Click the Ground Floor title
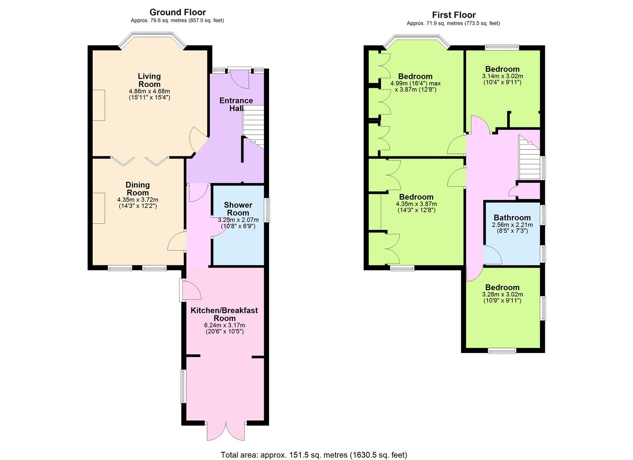[177, 12]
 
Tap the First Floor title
[454, 14]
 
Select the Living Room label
[149, 80]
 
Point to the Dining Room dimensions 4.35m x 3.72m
[138, 200]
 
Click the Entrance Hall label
[236, 104]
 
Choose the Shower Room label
[238, 209]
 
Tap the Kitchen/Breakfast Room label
[224, 314]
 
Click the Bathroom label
[512, 217]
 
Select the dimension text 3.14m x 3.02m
[503, 76]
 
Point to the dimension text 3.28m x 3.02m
[503, 294]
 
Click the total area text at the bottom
[314, 454]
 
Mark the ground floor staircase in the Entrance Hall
[254, 126]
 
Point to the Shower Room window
[267, 210]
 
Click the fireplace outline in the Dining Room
[99, 208]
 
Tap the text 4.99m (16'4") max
[416, 83]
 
